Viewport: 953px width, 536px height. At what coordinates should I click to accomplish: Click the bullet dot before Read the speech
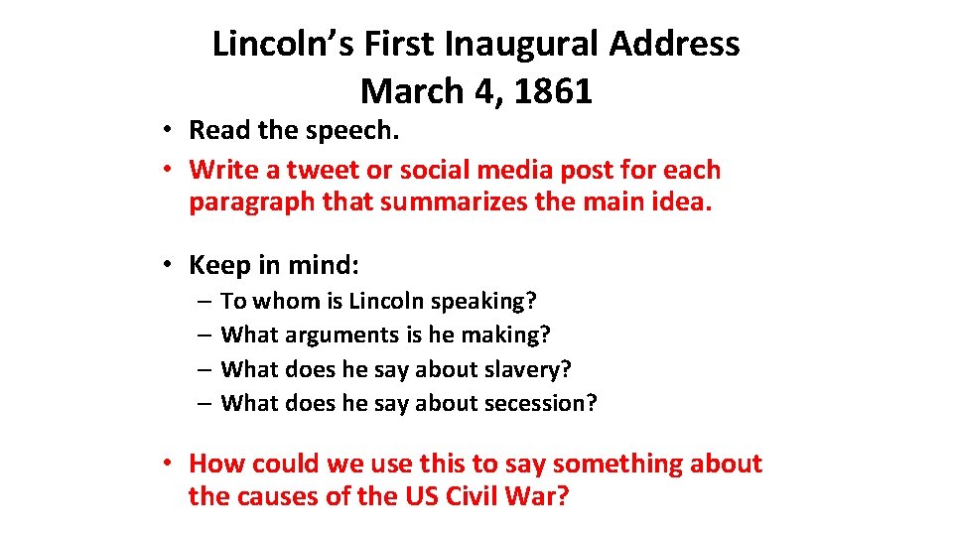[171, 131]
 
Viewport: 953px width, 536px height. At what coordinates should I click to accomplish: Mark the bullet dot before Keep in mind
[171, 266]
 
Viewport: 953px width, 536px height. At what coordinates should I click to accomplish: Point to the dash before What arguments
[203, 335]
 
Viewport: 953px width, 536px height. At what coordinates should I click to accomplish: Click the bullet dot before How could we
[171, 465]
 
